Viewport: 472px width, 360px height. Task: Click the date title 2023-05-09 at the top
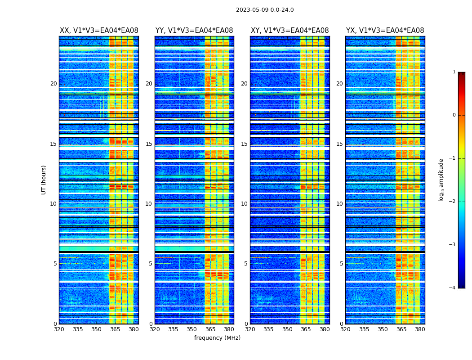click(265, 10)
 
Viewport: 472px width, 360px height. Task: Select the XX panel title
click(99, 31)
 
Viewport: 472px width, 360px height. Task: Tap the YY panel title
click(194, 31)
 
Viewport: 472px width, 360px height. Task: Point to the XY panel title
click(289, 31)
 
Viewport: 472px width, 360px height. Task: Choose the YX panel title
click(385, 31)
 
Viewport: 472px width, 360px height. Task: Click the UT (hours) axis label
click(44, 180)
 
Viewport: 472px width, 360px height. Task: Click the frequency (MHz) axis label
click(217, 338)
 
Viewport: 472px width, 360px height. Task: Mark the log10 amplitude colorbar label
click(441, 180)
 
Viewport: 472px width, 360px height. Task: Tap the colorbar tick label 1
click(454, 72)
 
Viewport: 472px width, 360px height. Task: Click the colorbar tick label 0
click(454, 115)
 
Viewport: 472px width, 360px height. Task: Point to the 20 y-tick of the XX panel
click(53, 84)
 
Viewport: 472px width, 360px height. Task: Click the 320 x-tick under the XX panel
click(59, 329)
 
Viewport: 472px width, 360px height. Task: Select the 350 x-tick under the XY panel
click(287, 329)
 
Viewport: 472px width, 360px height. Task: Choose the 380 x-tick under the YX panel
click(420, 329)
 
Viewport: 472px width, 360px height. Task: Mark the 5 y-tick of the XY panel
click(246, 264)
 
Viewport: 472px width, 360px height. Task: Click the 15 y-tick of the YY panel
click(149, 144)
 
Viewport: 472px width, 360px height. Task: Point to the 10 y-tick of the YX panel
click(339, 204)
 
